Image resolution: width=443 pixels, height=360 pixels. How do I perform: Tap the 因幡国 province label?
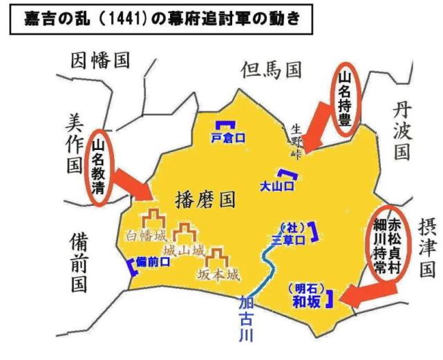[100, 61]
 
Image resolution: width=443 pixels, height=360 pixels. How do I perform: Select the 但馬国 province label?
[272, 68]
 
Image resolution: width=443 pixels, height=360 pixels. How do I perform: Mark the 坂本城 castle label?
[218, 274]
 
